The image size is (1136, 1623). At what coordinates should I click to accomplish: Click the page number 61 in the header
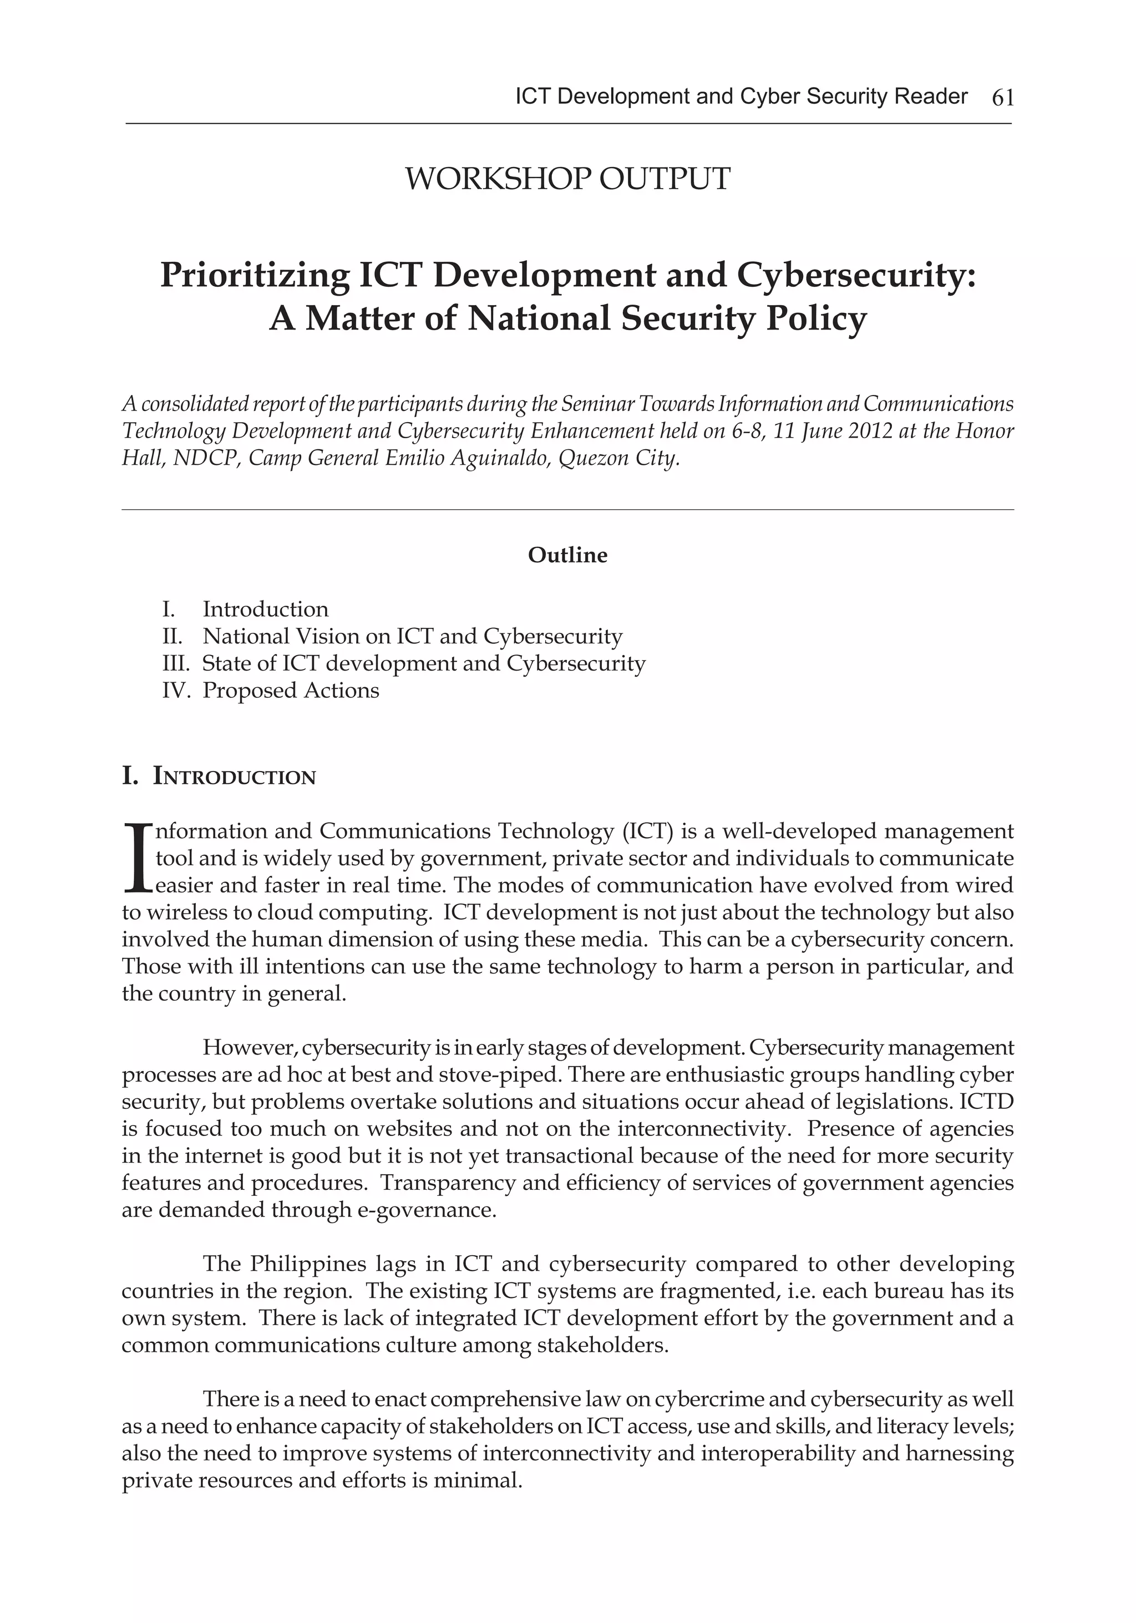point(1002,98)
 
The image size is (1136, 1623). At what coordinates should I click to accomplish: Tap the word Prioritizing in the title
point(255,276)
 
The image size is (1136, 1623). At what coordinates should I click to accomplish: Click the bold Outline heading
point(567,555)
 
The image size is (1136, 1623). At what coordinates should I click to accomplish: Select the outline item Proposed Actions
point(291,690)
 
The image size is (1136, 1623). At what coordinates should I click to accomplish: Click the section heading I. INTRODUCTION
point(219,777)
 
